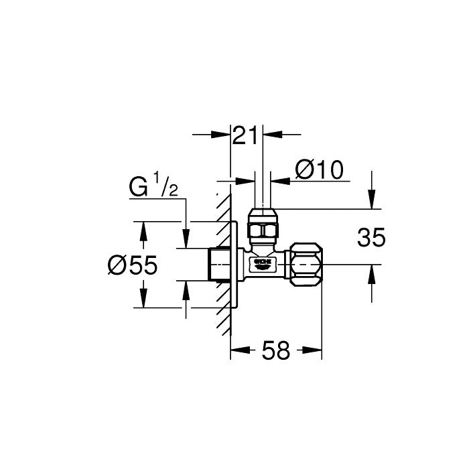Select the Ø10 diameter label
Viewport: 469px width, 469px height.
tap(319, 171)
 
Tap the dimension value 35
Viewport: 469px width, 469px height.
tap(372, 237)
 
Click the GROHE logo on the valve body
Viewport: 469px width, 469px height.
tap(263, 261)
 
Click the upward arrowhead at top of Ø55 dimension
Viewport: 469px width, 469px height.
tap(143, 230)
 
